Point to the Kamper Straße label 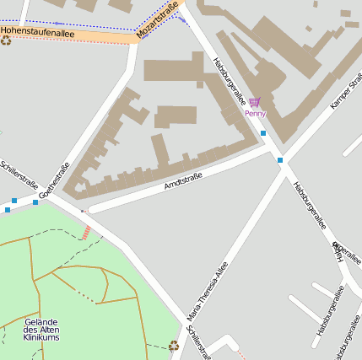click(346, 89)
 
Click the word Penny click(255, 113)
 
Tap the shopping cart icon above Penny click(255, 102)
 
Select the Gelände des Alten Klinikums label click(41, 330)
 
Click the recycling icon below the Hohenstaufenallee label click(6, 40)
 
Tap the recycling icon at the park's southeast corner click(174, 345)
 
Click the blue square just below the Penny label click(263, 133)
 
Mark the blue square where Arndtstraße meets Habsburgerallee click(280, 159)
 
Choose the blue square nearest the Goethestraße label click(35, 202)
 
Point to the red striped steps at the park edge click(86, 232)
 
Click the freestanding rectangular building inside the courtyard click(176, 116)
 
